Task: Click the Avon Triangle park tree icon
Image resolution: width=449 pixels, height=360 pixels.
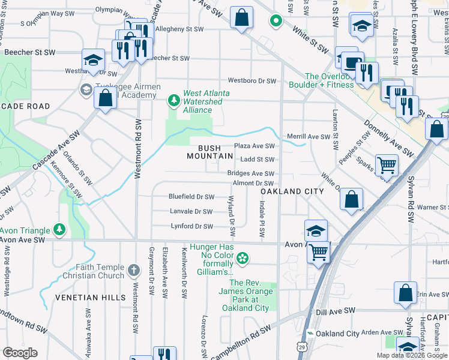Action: pyautogui.click(x=59, y=229)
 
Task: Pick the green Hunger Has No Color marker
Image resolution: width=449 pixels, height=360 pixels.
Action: pyautogui.click(x=243, y=259)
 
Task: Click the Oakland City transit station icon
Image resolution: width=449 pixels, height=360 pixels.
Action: pyautogui.click(x=310, y=334)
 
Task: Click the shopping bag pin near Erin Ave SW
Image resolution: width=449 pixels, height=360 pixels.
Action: pyautogui.click(x=406, y=293)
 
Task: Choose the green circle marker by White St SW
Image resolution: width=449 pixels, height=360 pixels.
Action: pyautogui.click(x=276, y=22)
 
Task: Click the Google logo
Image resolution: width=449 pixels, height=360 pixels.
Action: pyautogui.click(x=20, y=353)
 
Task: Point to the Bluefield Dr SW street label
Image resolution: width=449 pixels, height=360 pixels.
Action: pyautogui.click(x=191, y=197)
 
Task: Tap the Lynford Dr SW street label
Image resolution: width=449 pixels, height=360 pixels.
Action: pyautogui.click(x=191, y=227)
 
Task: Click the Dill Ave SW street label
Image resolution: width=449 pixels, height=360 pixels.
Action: pyautogui.click(x=336, y=311)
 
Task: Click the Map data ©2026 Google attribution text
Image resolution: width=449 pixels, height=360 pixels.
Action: pyautogui.click(x=411, y=355)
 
